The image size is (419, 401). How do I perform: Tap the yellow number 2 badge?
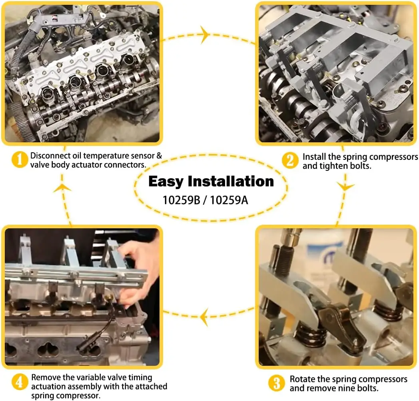290,160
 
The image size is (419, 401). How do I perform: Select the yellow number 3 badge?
277,383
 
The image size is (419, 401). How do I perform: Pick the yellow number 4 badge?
20,381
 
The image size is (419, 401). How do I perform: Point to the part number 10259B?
181,200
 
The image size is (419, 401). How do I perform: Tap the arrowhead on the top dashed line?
205,35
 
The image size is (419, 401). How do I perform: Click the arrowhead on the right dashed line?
344,186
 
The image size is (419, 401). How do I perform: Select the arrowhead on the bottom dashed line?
205,317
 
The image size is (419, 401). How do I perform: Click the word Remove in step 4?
44,377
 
